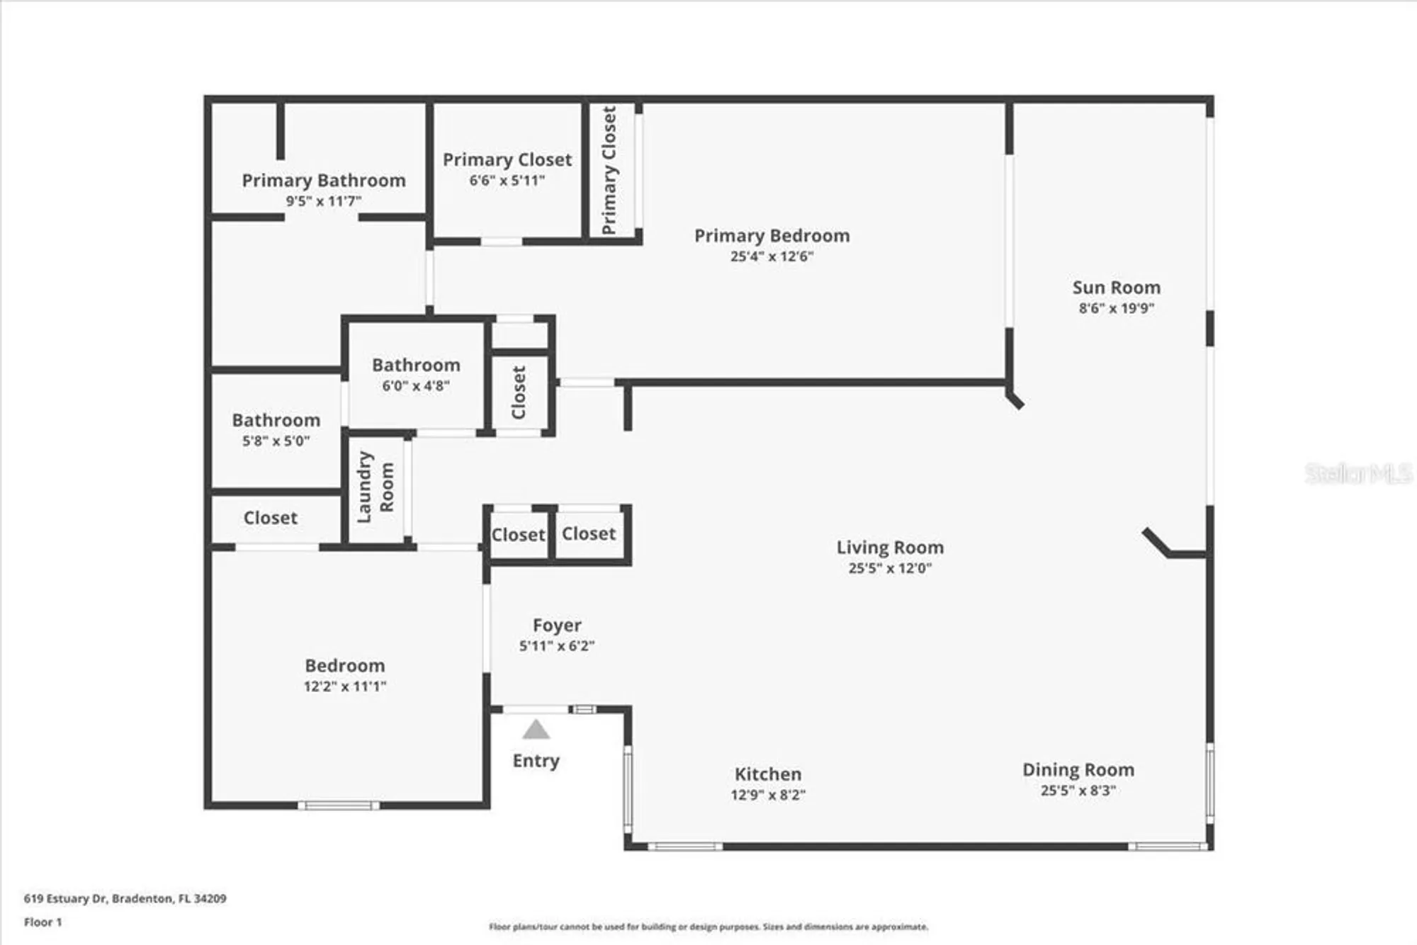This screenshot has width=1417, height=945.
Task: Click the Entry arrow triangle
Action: (536, 730)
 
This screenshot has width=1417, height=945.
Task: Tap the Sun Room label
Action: (1116, 288)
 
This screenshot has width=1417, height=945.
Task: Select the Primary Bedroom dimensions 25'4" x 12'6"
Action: (772, 256)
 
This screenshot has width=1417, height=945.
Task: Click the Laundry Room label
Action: (375, 487)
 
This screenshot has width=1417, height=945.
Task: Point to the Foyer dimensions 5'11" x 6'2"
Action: (557, 646)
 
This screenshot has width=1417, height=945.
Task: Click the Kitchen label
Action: (768, 774)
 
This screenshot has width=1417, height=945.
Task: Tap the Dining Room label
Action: (1078, 770)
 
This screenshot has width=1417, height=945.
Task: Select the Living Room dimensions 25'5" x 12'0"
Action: (890, 568)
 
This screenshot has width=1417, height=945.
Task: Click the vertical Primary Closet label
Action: (609, 170)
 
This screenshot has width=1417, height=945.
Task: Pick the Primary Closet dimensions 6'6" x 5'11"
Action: (507, 181)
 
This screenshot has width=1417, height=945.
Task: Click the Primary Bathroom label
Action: (324, 181)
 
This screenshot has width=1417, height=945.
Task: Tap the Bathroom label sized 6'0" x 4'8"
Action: (416, 366)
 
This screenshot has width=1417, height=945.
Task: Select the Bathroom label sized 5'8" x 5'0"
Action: (276, 421)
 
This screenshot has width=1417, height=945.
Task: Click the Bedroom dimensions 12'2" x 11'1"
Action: (345, 686)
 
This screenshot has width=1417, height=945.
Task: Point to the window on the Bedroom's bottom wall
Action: (339, 805)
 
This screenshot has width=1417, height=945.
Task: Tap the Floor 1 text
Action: (43, 922)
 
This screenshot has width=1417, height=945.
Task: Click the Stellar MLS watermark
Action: (1357, 473)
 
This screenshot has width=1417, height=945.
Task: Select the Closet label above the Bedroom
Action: (270, 518)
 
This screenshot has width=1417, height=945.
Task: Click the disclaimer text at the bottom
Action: (708, 927)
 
